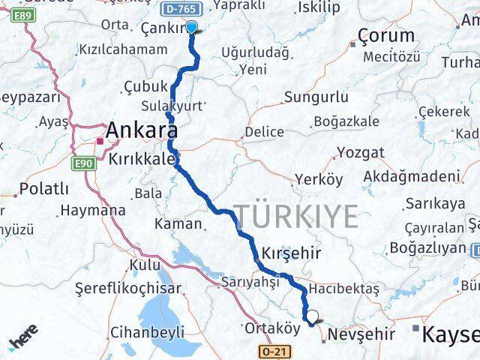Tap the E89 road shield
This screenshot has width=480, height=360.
pyautogui.click(x=23, y=14)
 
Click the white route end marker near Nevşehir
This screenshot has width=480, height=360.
pyautogui.click(x=313, y=317)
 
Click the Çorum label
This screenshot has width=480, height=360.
pyautogui.click(x=385, y=34)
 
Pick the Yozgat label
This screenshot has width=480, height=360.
pyautogui.click(x=360, y=152)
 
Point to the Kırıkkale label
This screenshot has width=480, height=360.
pyautogui.click(x=141, y=159)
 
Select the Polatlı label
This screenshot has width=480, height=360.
pyautogui.click(x=44, y=187)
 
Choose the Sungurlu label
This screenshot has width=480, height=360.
pyautogui.click(x=316, y=97)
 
